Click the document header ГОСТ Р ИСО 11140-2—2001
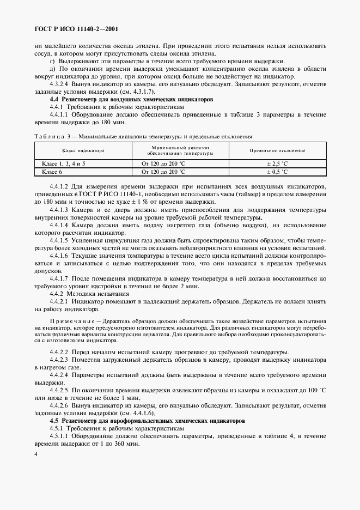(x=75, y=28)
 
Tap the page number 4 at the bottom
(x=35, y=453)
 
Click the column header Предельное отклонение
(x=277, y=150)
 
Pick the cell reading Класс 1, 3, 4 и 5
(x=64, y=163)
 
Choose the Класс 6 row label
(x=53, y=172)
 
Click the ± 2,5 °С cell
(x=277, y=163)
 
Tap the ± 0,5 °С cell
(x=277, y=172)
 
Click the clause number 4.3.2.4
(x=60, y=84)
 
